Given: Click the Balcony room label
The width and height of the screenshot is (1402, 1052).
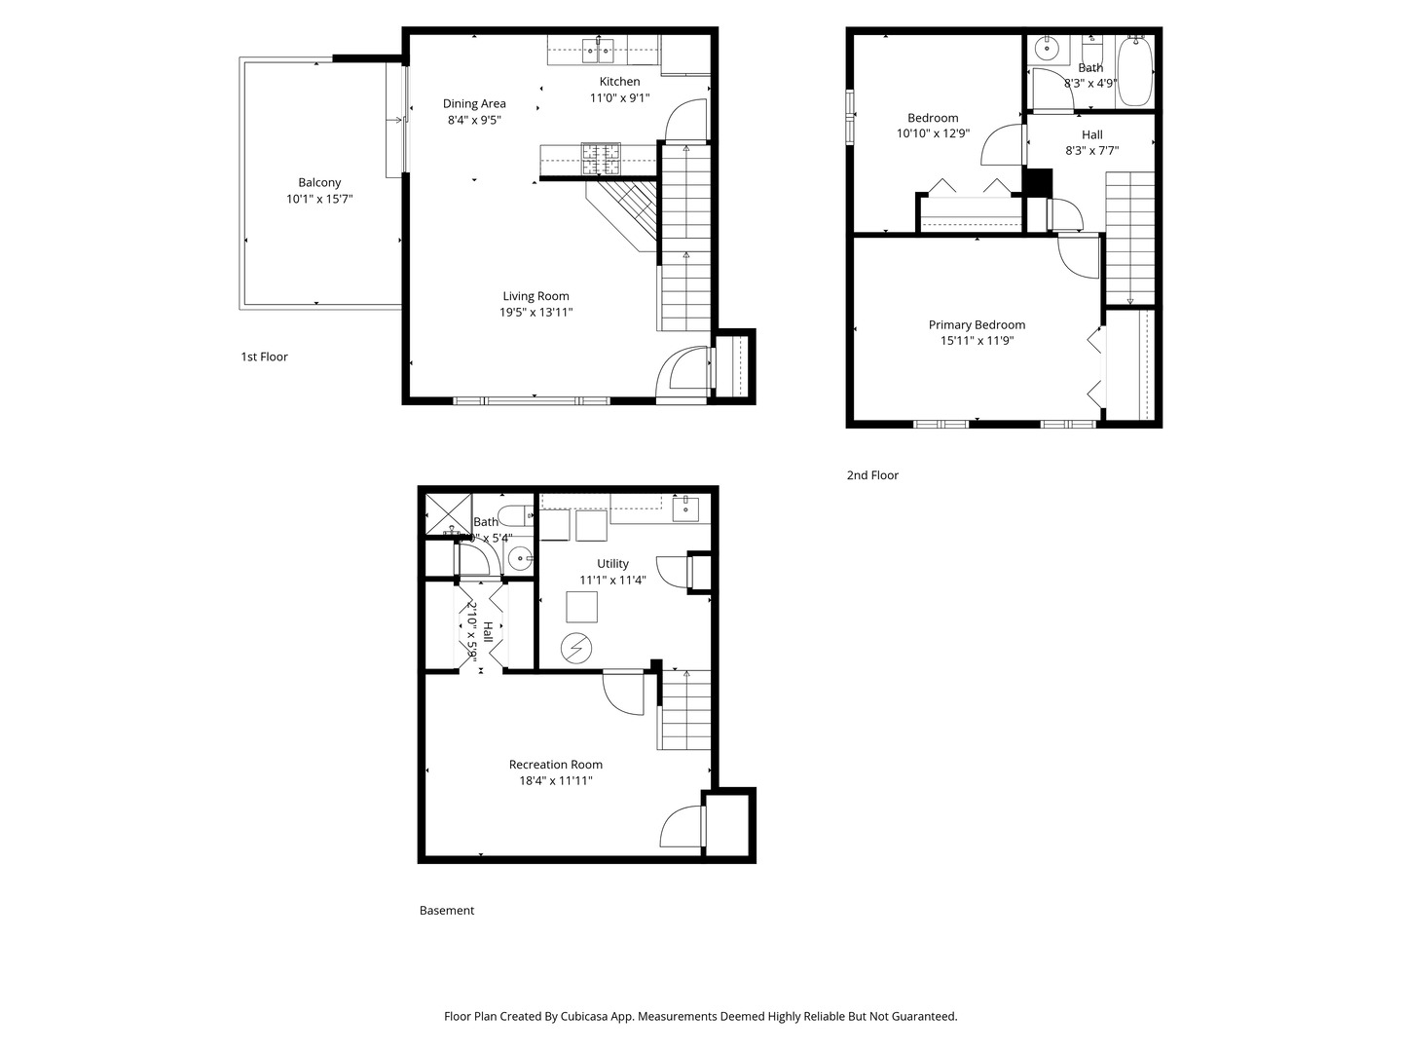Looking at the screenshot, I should point(319,182).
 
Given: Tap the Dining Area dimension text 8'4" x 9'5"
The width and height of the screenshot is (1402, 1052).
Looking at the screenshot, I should point(474,120).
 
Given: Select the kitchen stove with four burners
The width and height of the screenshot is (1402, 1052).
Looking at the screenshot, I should point(602,158).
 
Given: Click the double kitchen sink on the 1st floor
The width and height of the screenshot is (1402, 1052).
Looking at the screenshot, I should point(598,49).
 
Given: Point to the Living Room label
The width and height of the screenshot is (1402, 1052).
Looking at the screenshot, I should point(535,296).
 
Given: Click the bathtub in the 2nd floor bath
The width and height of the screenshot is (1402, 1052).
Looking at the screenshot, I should point(1134,71).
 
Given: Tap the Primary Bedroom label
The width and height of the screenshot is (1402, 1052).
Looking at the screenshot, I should point(977,325).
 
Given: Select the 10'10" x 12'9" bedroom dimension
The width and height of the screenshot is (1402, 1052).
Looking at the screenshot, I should point(933,133).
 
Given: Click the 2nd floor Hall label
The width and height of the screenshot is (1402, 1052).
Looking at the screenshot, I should point(1091,134).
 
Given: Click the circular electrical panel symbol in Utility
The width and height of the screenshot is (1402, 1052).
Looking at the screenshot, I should point(575,649).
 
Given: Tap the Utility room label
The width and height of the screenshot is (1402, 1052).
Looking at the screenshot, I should point(612,563).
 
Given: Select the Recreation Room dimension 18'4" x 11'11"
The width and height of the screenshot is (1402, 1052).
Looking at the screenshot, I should point(555,780).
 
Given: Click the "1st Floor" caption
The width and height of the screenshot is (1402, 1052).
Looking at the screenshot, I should point(264,357).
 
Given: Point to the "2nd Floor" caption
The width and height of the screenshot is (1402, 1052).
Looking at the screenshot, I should point(872,475).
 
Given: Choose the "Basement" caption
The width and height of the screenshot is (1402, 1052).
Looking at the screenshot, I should point(447,911).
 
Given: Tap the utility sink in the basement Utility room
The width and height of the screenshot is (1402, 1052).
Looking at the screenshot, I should point(686,507).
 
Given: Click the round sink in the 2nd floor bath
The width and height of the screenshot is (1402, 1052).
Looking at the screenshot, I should point(1049,46).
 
